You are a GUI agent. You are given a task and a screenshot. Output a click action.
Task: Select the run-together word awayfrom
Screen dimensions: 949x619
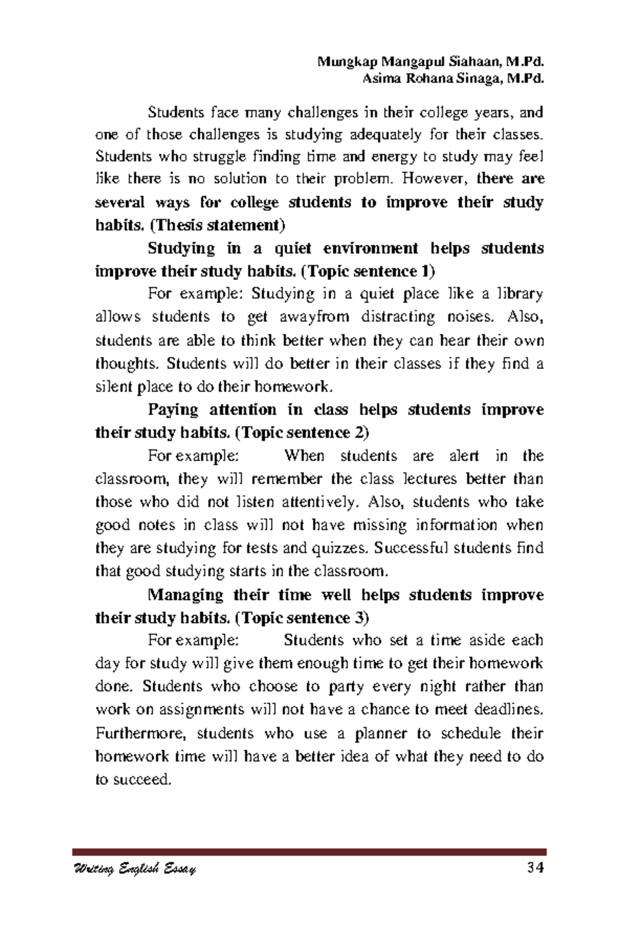314,317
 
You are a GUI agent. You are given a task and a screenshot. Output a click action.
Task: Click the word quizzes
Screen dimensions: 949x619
341,548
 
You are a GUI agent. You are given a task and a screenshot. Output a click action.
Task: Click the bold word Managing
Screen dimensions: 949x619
185,595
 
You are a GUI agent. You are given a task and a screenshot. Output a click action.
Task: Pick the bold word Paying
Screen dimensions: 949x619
173,410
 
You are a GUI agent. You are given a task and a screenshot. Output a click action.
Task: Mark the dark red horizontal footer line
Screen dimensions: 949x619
309,852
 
